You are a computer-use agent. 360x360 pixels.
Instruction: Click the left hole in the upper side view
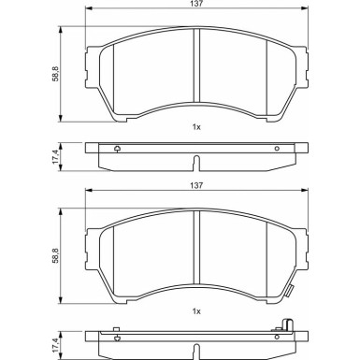116,148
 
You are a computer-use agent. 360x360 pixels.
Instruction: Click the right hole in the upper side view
277,148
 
